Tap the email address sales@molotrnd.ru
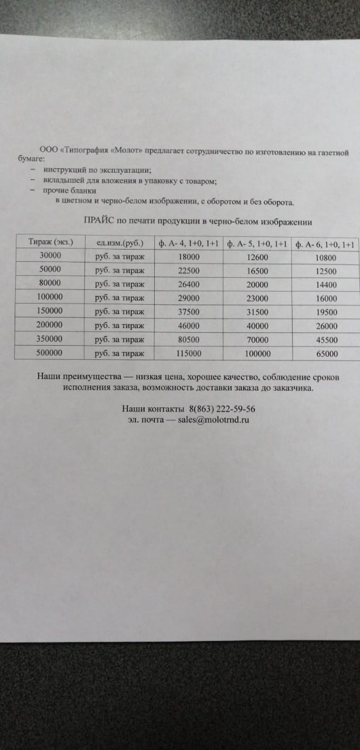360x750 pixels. [215, 420]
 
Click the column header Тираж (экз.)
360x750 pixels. [51, 241]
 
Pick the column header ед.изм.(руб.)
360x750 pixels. [119, 243]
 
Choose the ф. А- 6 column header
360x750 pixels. [325, 244]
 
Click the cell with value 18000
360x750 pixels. [188, 257]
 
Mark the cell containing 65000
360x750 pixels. [326, 354]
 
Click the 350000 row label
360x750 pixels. [50, 339]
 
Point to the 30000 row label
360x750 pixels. [50, 255]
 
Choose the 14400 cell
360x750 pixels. [326, 285]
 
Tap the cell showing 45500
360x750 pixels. [326, 340]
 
